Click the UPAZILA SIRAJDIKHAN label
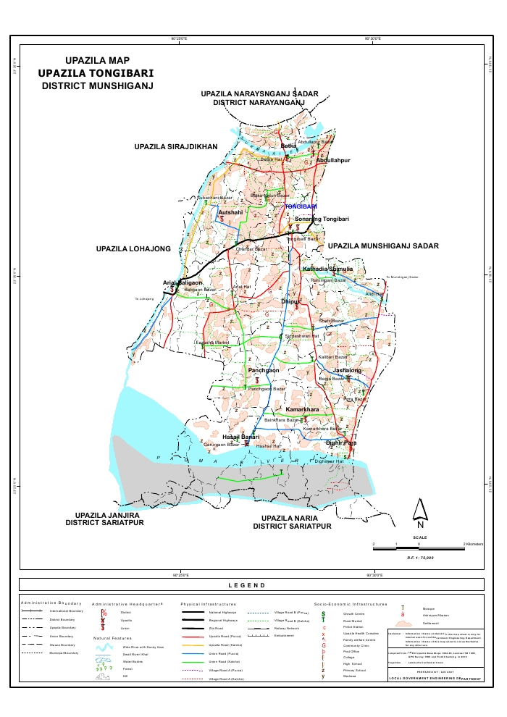(176, 147)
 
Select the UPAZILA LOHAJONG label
(133, 249)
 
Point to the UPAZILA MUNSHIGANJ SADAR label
(383, 246)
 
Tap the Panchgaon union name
(264, 370)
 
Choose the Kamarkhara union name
(303, 411)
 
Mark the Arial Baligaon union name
(183, 282)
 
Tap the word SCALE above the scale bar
(419, 537)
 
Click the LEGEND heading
(247, 585)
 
